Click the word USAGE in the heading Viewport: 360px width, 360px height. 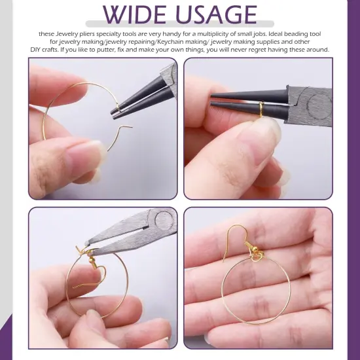coord(213,14)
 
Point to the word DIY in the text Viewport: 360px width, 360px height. coord(36,50)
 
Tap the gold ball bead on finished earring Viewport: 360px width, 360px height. coord(249,247)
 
